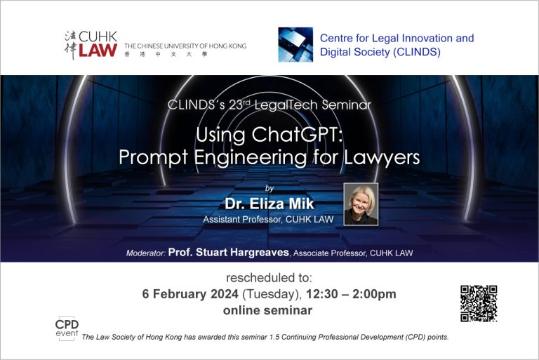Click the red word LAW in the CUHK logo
click(98, 51)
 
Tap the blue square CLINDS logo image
click(295, 45)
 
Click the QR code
click(479, 304)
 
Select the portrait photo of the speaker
click(361, 204)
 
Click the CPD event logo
click(67, 328)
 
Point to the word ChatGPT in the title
click(298, 135)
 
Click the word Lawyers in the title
click(382, 158)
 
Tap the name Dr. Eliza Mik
click(269, 204)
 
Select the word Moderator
click(146, 253)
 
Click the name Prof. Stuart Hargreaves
click(229, 253)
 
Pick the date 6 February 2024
click(190, 294)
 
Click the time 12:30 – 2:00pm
click(351, 294)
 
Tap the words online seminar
click(268, 310)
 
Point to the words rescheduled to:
click(269, 277)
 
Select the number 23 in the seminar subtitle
click(236, 105)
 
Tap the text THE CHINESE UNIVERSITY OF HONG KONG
click(185, 46)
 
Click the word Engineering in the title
click(251, 158)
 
